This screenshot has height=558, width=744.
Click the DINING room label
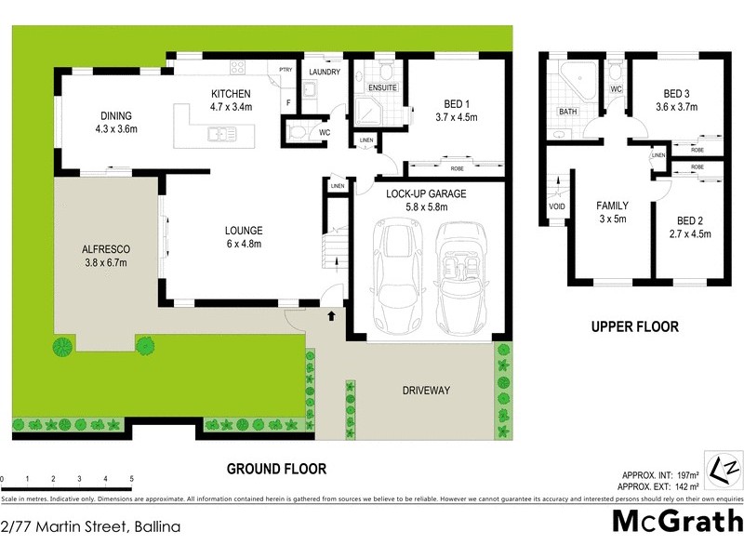118,116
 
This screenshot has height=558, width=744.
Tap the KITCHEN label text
231,94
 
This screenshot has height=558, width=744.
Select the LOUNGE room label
244,231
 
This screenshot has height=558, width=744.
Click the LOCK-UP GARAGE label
426,193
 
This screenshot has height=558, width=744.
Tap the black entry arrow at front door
331,316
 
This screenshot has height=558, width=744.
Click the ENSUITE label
382,87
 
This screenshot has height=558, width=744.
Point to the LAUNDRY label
325,73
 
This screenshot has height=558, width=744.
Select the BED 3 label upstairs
677,93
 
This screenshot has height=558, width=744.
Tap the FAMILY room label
612,206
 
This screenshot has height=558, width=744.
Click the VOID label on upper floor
557,207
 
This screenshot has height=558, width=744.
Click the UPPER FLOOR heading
635,327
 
